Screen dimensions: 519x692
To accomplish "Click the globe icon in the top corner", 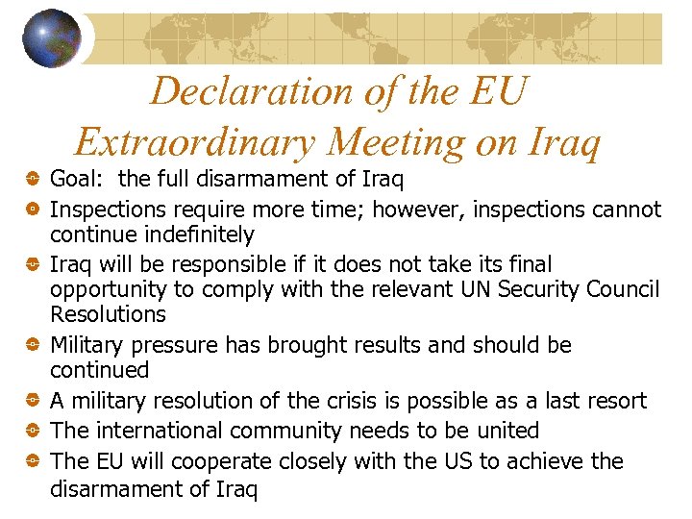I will [52, 38].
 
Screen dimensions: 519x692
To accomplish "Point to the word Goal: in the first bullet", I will [81, 179].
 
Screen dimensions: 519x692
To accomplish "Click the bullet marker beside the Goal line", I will [32, 179].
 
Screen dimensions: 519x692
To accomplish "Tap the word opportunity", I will [106, 290].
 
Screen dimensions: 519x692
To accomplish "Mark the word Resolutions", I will [108, 314].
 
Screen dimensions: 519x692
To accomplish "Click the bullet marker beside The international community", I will [32, 432].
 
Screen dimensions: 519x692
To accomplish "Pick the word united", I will [505, 431].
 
